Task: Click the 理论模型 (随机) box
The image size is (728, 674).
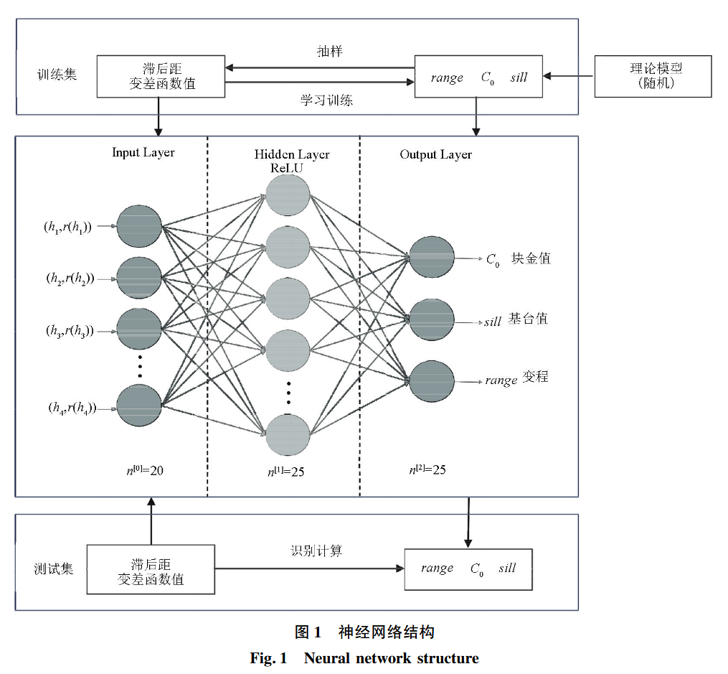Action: pos(653,76)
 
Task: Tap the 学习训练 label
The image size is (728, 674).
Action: pos(326,100)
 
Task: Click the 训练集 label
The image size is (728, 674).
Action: pos(57,74)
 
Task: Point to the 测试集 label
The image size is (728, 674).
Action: pos(54,570)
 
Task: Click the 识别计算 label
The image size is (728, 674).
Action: pos(316,551)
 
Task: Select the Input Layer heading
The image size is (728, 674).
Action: pos(143,153)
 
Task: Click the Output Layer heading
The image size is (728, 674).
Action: pos(435,154)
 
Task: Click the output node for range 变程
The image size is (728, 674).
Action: pos(432,381)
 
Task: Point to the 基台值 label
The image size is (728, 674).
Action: pos(528,319)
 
